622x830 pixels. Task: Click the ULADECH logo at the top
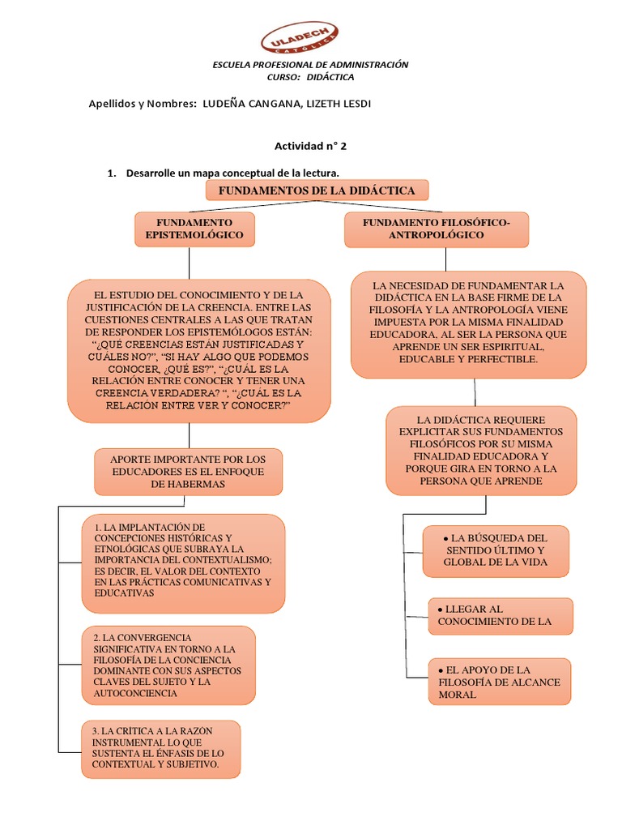point(299,38)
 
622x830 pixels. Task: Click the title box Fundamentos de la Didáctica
point(317,190)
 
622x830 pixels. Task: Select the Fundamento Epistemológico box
point(194,229)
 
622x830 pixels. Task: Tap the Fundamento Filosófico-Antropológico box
point(436,229)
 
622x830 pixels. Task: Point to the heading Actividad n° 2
point(310,146)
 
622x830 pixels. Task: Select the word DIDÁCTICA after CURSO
point(330,77)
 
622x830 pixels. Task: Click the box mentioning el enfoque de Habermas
point(188,472)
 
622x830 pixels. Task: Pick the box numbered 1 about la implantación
point(183,562)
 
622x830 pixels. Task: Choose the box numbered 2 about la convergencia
point(168,665)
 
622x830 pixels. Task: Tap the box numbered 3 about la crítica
point(160,747)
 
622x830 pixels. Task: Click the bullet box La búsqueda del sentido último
point(496,550)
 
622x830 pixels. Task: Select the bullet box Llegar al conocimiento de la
point(500,615)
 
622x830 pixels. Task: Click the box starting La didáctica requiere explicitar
point(481,450)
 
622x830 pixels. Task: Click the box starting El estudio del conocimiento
point(198,350)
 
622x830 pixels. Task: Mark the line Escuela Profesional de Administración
point(310,64)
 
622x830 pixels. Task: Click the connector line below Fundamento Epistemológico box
point(189,263)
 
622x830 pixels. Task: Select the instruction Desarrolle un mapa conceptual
point(232,173)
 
